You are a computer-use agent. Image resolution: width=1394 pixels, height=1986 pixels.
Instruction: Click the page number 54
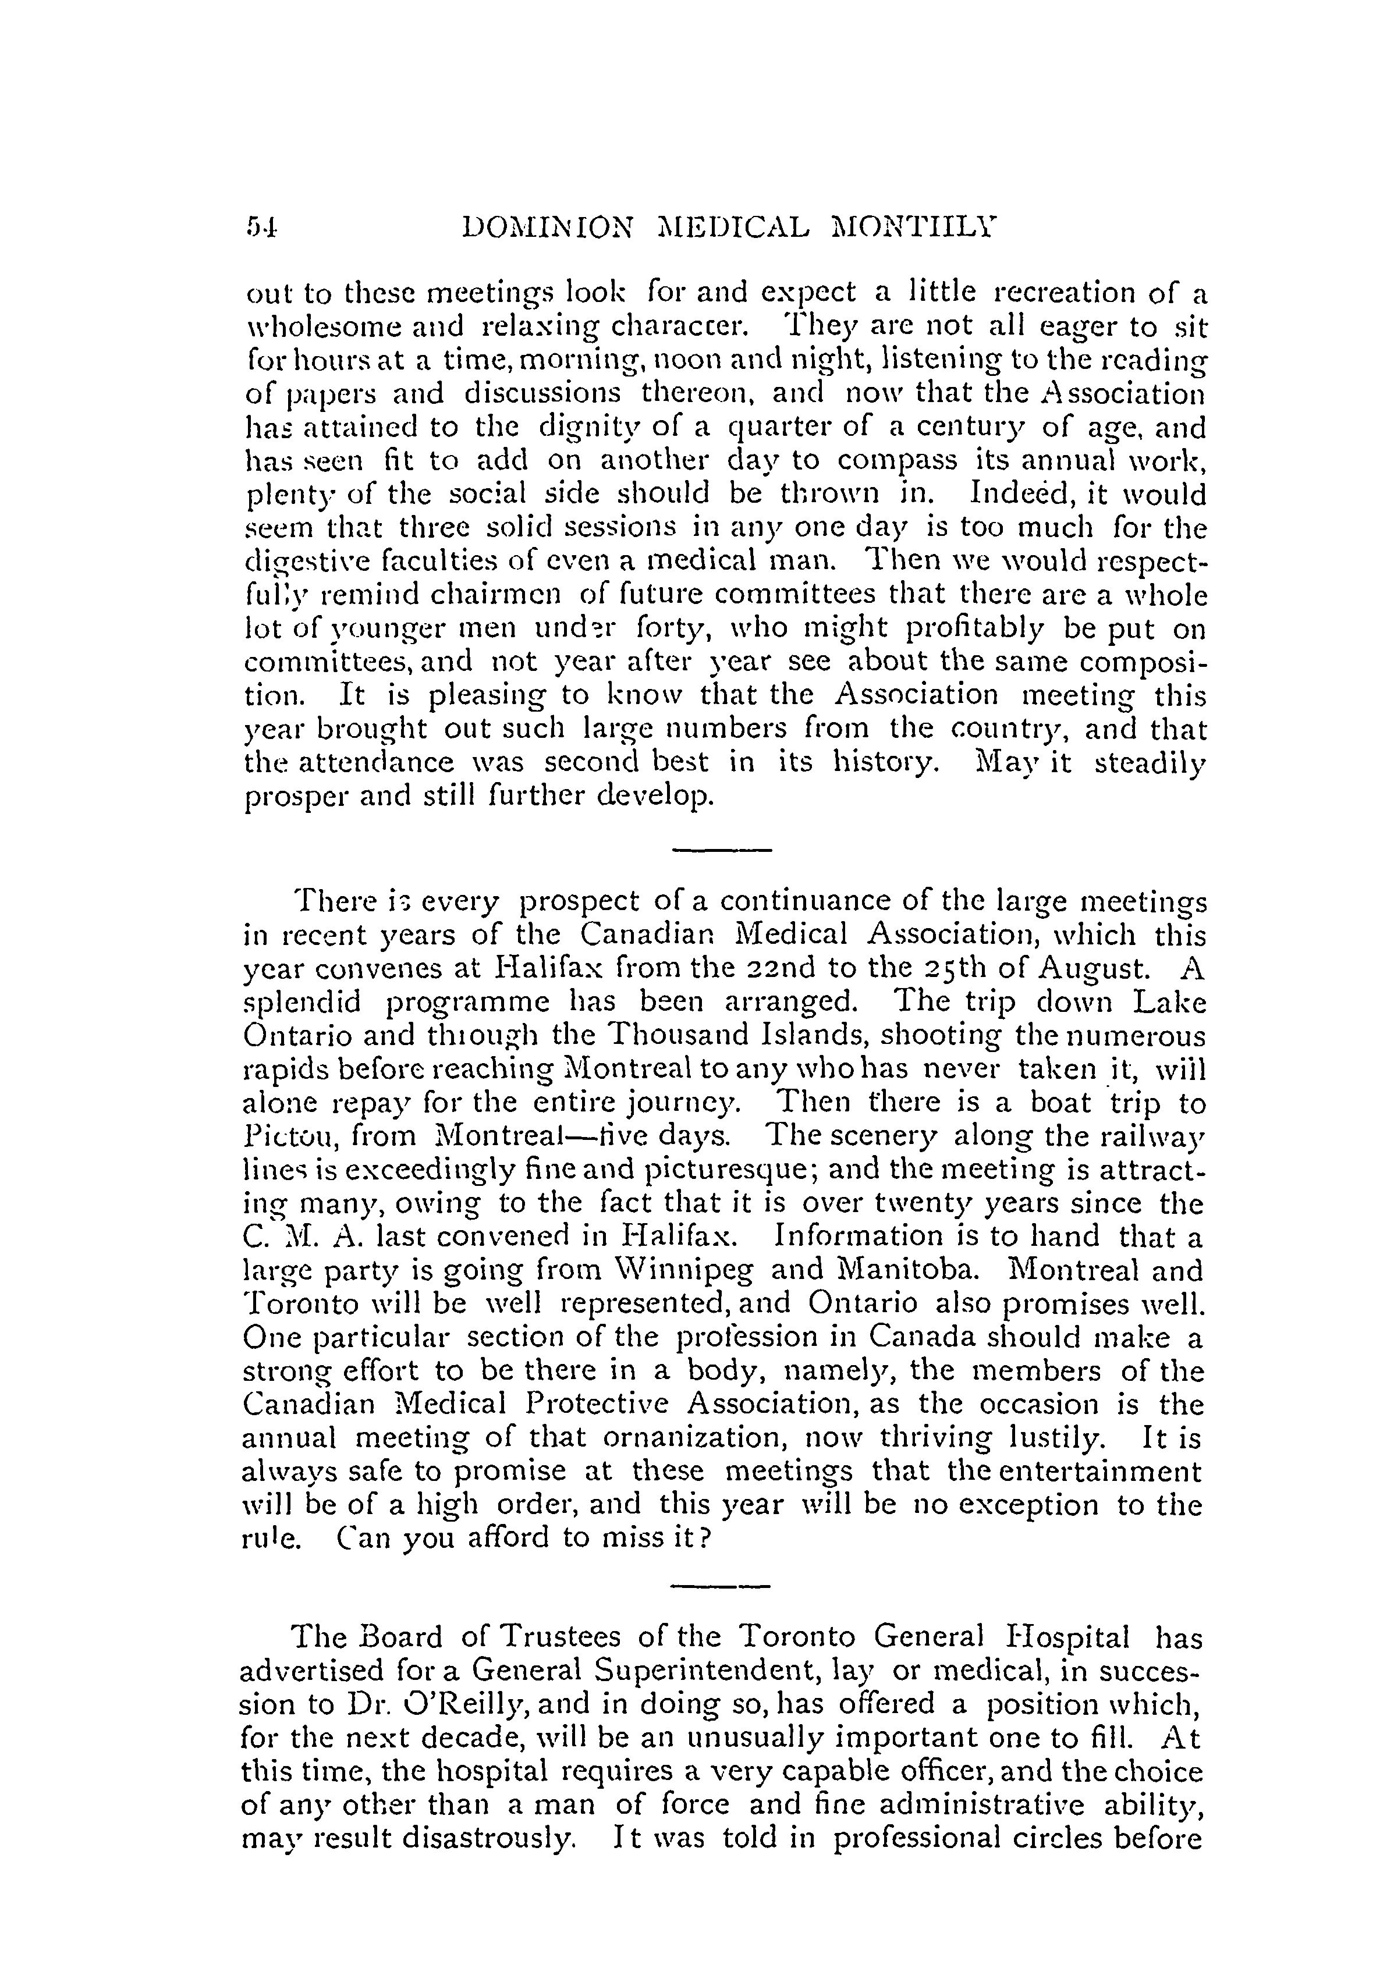click(259, 228)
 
